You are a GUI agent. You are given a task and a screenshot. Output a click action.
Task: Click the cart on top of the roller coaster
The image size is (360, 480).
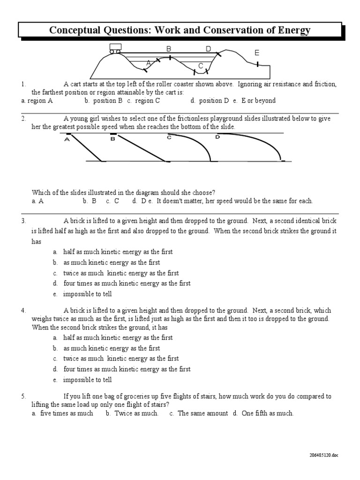tap(115, 47)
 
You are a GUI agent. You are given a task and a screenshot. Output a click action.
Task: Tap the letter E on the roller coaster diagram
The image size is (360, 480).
tap(257, 53)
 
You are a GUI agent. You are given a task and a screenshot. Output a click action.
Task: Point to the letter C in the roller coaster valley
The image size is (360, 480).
tap(201, 66)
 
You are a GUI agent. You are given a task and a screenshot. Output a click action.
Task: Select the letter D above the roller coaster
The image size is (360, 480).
tap(209, 49)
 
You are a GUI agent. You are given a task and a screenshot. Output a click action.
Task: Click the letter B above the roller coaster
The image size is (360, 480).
tap(169, 49)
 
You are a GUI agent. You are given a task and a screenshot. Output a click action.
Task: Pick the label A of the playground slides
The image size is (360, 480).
tap(67, 139)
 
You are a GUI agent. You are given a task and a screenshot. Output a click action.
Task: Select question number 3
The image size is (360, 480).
tap(23, 220)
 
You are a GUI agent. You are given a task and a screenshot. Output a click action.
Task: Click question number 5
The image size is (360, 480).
tap(23, 397)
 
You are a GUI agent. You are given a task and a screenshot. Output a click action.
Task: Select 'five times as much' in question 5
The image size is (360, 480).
tap(67, 413)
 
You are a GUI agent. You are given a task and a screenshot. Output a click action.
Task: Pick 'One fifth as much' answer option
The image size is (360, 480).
tap(267, 413)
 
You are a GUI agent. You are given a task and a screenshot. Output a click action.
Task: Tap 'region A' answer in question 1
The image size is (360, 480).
tap(40, 100)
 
